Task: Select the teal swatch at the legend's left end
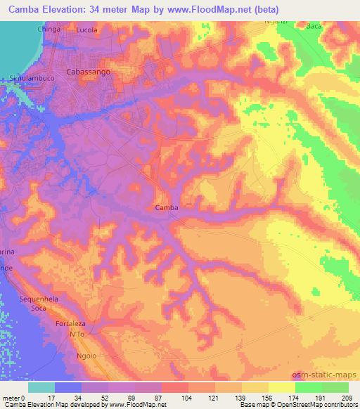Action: (x=41, y=387)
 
